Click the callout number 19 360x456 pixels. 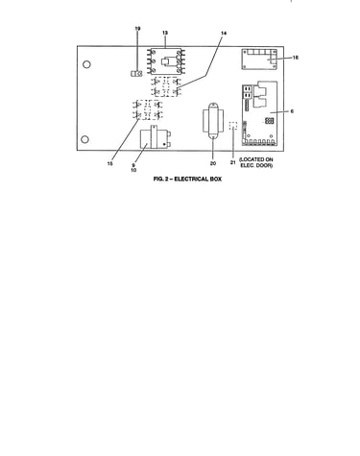tap(137, 29)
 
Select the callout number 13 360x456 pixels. tap(165, 33)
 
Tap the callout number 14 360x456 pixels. tap(224, 33)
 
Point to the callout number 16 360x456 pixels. tap(296, 58)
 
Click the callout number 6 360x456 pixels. tap(292, 111)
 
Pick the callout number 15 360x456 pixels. tap(109, 163)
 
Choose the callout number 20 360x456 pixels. tap(213, 163)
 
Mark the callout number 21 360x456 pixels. tap(233, 162)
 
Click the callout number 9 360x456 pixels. tap(133, 165)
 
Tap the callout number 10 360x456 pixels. tap(133, 170)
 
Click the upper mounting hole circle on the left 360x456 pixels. tap(86, 64)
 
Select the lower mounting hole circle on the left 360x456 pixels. tap(84, 139)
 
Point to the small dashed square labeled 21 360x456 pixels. tap(233, 126)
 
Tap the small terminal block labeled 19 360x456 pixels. tap(136, 74)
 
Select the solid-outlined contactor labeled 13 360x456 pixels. tap(166, 61)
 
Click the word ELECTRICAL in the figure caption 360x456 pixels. tap(190, 179)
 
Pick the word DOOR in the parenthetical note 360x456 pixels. tap(265, 165)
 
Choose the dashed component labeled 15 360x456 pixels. tap(148, 109)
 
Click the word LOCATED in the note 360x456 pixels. tap(252, 159)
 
